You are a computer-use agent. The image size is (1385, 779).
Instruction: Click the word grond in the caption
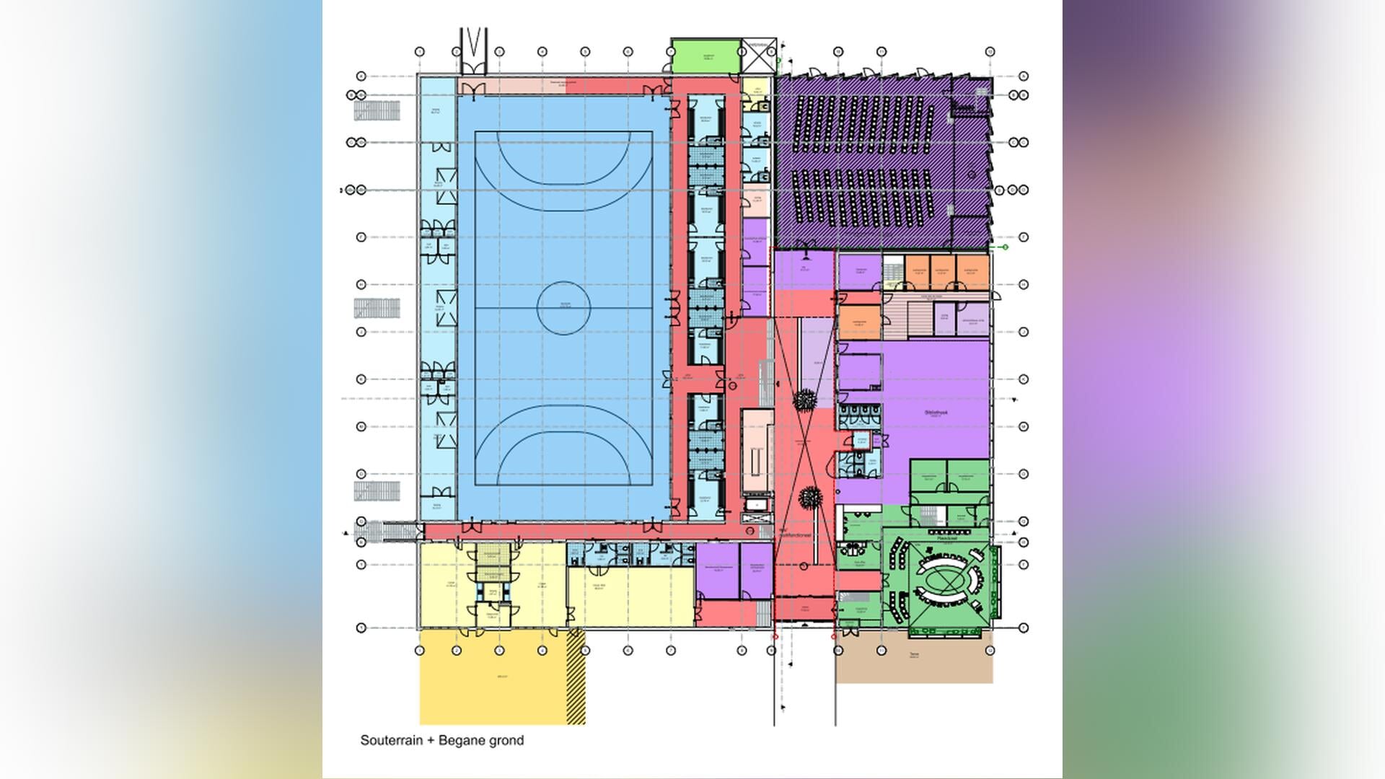click(x=506, y=740)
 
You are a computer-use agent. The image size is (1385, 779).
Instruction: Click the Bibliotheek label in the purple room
click(x=936, y=413)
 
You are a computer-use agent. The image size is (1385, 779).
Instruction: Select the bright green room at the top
click(x=705, y=56)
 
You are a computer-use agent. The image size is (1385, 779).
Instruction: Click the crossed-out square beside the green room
click(x=759, y=56)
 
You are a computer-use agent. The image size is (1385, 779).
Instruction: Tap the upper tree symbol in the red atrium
click(x=804, y=399)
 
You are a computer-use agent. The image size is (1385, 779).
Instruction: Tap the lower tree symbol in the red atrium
click(x=811, y=496)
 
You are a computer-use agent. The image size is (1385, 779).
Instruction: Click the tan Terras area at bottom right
click(x=914, y=660)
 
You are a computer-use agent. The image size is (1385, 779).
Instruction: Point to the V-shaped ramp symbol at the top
click(x=473, y=49)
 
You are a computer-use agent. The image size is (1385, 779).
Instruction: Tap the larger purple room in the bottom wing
click(x=718, y=571)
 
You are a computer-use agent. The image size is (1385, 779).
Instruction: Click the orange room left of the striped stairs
click(x=859, y=322)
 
